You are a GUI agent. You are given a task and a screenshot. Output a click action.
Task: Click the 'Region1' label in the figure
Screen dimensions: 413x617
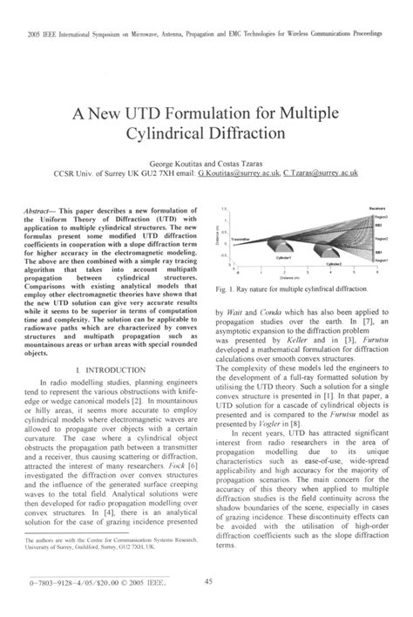point(380,259)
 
